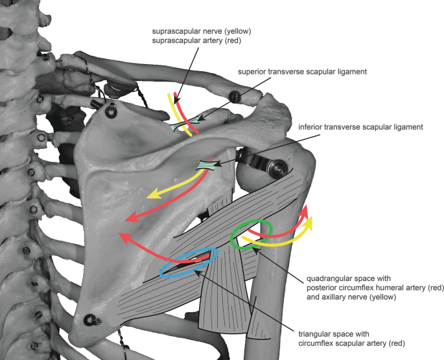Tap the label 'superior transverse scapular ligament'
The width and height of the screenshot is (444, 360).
303,71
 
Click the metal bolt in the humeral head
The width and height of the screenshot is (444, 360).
276,168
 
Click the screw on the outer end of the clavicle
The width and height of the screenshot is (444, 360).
235,97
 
